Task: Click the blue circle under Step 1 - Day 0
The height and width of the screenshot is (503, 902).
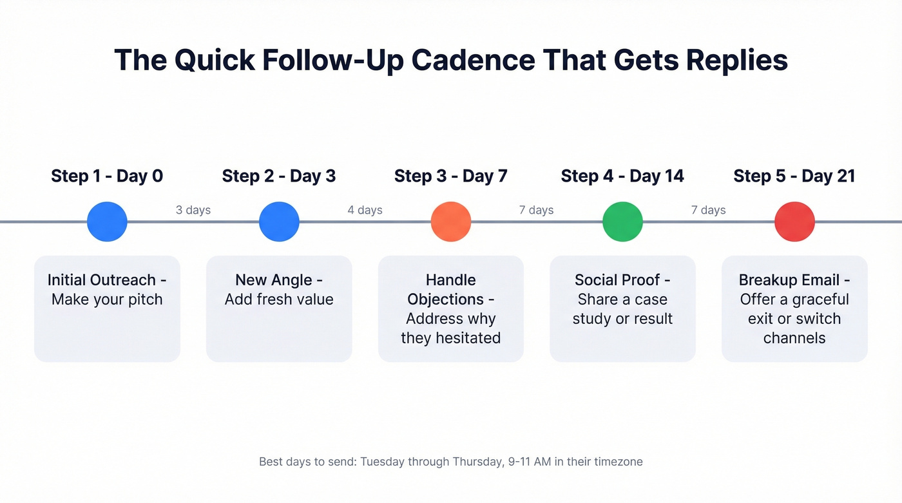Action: click(107, 222)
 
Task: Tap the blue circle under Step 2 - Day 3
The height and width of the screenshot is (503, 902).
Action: click(279, 222)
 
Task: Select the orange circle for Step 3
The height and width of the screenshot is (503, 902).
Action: click(451, 222)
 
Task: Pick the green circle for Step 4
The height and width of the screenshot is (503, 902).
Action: click(622, 222)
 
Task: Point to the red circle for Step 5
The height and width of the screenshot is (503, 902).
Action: click(794, 222)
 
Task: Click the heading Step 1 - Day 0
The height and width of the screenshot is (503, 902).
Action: click(107, 176)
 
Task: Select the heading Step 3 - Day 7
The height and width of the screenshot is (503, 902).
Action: click(451, 176)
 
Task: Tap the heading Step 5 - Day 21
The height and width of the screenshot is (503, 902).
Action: click(794, 176)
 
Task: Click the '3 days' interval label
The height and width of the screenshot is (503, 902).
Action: click(193, 210)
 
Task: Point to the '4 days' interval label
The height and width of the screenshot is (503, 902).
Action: click(365, 210)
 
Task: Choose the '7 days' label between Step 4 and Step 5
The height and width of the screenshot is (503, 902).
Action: click(709, 210)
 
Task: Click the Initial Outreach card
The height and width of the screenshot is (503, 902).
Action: click(107, 308)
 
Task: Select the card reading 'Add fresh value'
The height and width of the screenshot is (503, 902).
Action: click(279, 308)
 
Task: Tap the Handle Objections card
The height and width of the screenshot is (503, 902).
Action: click(451, 308)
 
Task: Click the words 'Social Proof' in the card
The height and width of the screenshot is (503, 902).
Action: click(617, 280)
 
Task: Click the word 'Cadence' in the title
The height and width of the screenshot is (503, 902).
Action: click(473, 60)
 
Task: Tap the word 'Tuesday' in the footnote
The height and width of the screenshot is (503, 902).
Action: click(382, 462)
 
